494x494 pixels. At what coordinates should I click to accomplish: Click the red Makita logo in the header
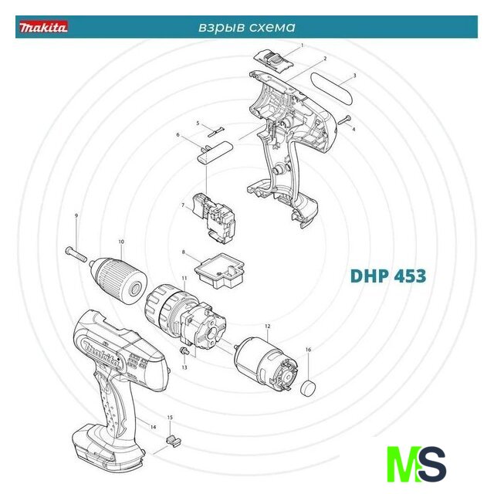pos(43,27)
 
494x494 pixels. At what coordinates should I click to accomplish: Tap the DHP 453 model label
pos(388,276)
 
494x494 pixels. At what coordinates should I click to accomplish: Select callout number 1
pos(302,46)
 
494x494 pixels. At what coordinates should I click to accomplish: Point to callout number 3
pos(354,76)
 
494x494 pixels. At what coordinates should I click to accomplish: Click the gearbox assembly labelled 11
pos(185,317)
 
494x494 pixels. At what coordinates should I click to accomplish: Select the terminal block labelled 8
pos(219,271)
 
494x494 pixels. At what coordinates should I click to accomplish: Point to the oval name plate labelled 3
pos(332,89)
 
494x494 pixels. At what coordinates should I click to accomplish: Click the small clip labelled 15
pos(173,441)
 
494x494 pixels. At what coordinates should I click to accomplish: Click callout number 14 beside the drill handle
pos(153,427)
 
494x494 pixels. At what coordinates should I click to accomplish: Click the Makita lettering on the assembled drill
pos(101,353)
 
